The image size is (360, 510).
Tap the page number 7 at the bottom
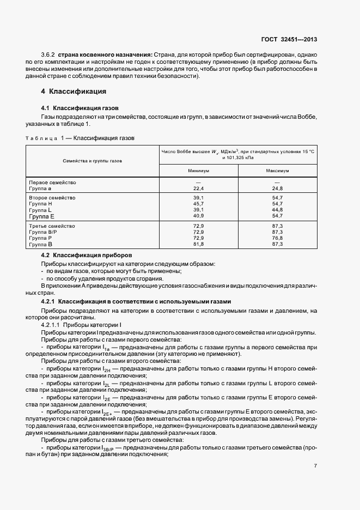point(315,465)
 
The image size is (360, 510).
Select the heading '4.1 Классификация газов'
point(80,108)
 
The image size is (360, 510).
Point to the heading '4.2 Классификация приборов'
point(84,255)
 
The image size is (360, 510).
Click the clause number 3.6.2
point(48,55)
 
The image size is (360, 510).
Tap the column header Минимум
point(198,171)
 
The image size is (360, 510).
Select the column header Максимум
point(277,171)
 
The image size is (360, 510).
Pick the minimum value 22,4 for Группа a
point(198,188)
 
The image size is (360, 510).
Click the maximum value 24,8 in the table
point(277,188)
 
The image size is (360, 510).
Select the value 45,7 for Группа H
point(198,203)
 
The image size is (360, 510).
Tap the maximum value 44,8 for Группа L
point(277,209)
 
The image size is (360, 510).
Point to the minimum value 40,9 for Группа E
point(198,215)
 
